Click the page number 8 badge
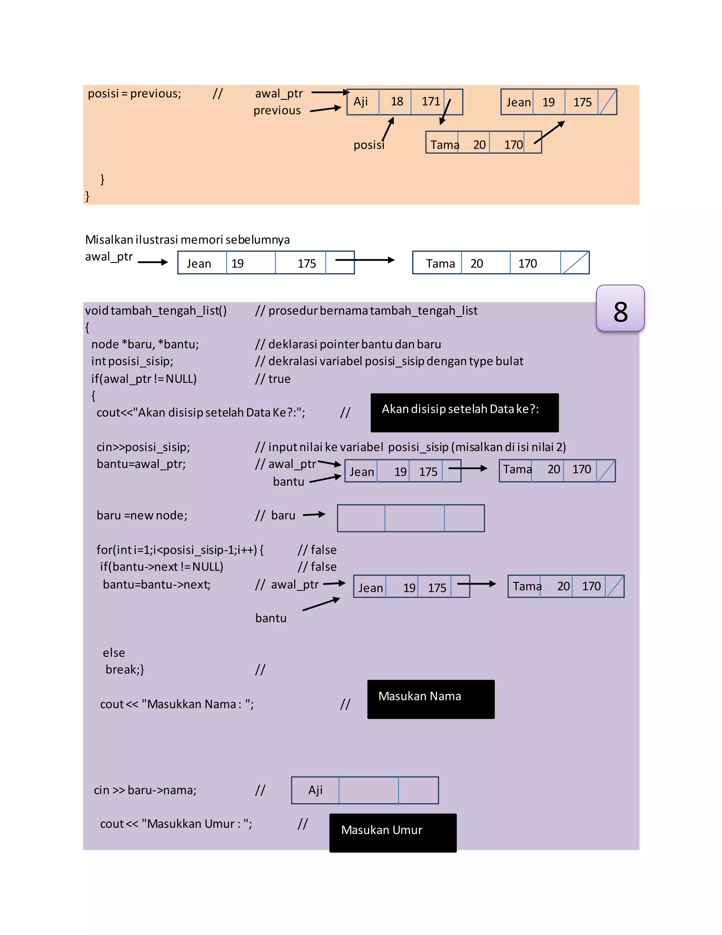(x=620, y=309)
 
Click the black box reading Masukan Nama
(x=430, y=699)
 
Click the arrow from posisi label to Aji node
(x=387, y=129)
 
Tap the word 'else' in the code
(x=114, y=652)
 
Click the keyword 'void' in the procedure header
(x=96, y=310)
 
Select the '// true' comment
(x=273, y=379)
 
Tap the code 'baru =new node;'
(x=142, y=515)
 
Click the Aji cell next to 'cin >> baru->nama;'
(x=315, y=790)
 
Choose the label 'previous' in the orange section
(x=277, y=110)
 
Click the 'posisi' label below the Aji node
(x=368, y=145)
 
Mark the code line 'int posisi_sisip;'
(x=132, y=361)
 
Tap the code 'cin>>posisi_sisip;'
(x=143, y=447)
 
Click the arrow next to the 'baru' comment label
(x=314, y=514)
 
